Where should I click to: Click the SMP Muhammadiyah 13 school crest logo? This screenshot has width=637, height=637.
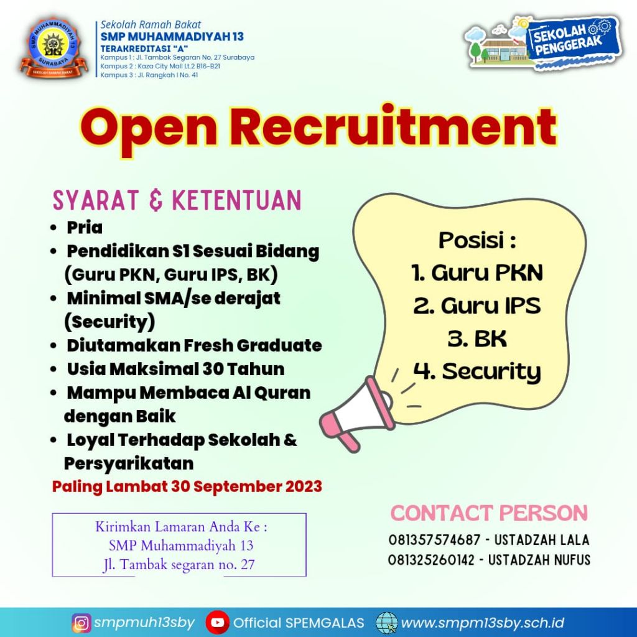coord(53,47)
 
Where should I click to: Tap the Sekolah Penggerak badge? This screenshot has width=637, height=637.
coord(544,44)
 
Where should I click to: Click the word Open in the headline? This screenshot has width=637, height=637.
coord(148,128)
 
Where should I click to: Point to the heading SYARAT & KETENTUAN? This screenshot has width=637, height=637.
coord(177,200)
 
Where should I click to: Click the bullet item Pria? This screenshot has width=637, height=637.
coord(85,228)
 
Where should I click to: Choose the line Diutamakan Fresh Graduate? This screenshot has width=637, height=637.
coord(194,345)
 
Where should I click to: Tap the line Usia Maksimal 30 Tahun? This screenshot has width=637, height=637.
coord(175,369)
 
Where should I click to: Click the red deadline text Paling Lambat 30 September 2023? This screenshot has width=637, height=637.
coord(187,486)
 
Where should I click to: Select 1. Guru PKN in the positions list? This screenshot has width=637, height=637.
coord(477,272)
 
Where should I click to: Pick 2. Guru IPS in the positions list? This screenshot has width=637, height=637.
coord(477,305)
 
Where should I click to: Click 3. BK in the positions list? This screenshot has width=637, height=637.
coord(477,338)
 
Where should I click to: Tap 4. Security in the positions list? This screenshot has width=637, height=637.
coord(477,372)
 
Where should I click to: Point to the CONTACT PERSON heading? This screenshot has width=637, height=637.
coord(489,513)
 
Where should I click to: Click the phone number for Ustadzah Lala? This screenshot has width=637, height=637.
coord(434,540)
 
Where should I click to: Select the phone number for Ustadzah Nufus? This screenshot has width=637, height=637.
coord(431,560)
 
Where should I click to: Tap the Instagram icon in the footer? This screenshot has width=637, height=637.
coord(81,623)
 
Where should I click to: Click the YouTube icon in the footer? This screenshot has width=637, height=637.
coord(217,623)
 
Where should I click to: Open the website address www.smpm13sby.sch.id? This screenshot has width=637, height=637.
coord(483,623)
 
